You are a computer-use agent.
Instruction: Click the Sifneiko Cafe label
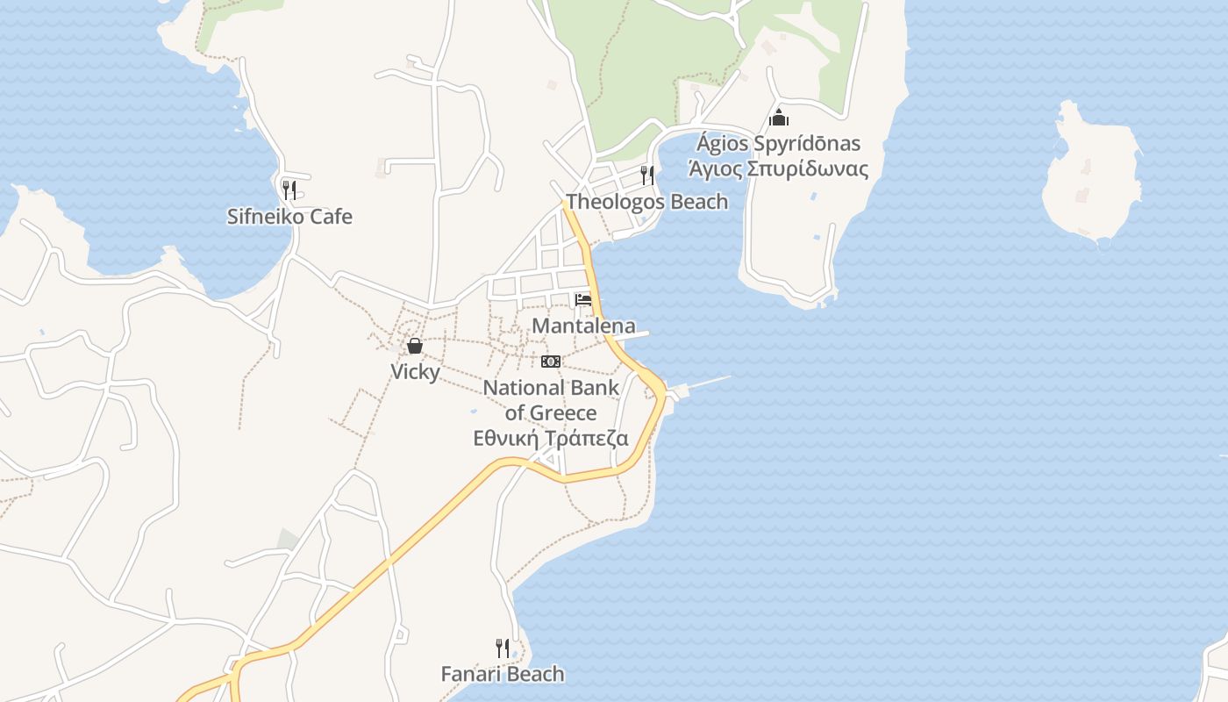coord(289,216)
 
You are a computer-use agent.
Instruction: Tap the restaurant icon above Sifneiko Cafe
coord(289,189)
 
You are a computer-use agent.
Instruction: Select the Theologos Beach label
coord(646,202)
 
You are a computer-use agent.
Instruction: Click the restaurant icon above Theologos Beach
coord(647,175)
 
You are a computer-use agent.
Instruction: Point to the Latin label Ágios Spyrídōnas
coord(779,143)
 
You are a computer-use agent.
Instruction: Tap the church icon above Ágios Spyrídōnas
coord(779,117)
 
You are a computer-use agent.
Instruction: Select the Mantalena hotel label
coord(583,326)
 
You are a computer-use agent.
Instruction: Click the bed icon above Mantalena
coord(583,300)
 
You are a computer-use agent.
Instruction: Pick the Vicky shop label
coord(415,371)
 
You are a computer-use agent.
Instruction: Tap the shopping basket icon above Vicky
coord(415,346)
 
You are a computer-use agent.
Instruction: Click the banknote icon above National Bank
coord(551,361)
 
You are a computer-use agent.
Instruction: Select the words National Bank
coord(551,387)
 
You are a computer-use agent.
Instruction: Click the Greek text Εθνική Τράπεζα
coord(551,438)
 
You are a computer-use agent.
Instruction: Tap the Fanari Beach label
coord(502,674)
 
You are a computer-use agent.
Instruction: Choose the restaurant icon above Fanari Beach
coord(503,648)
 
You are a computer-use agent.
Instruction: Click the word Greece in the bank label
coord(563,412)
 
